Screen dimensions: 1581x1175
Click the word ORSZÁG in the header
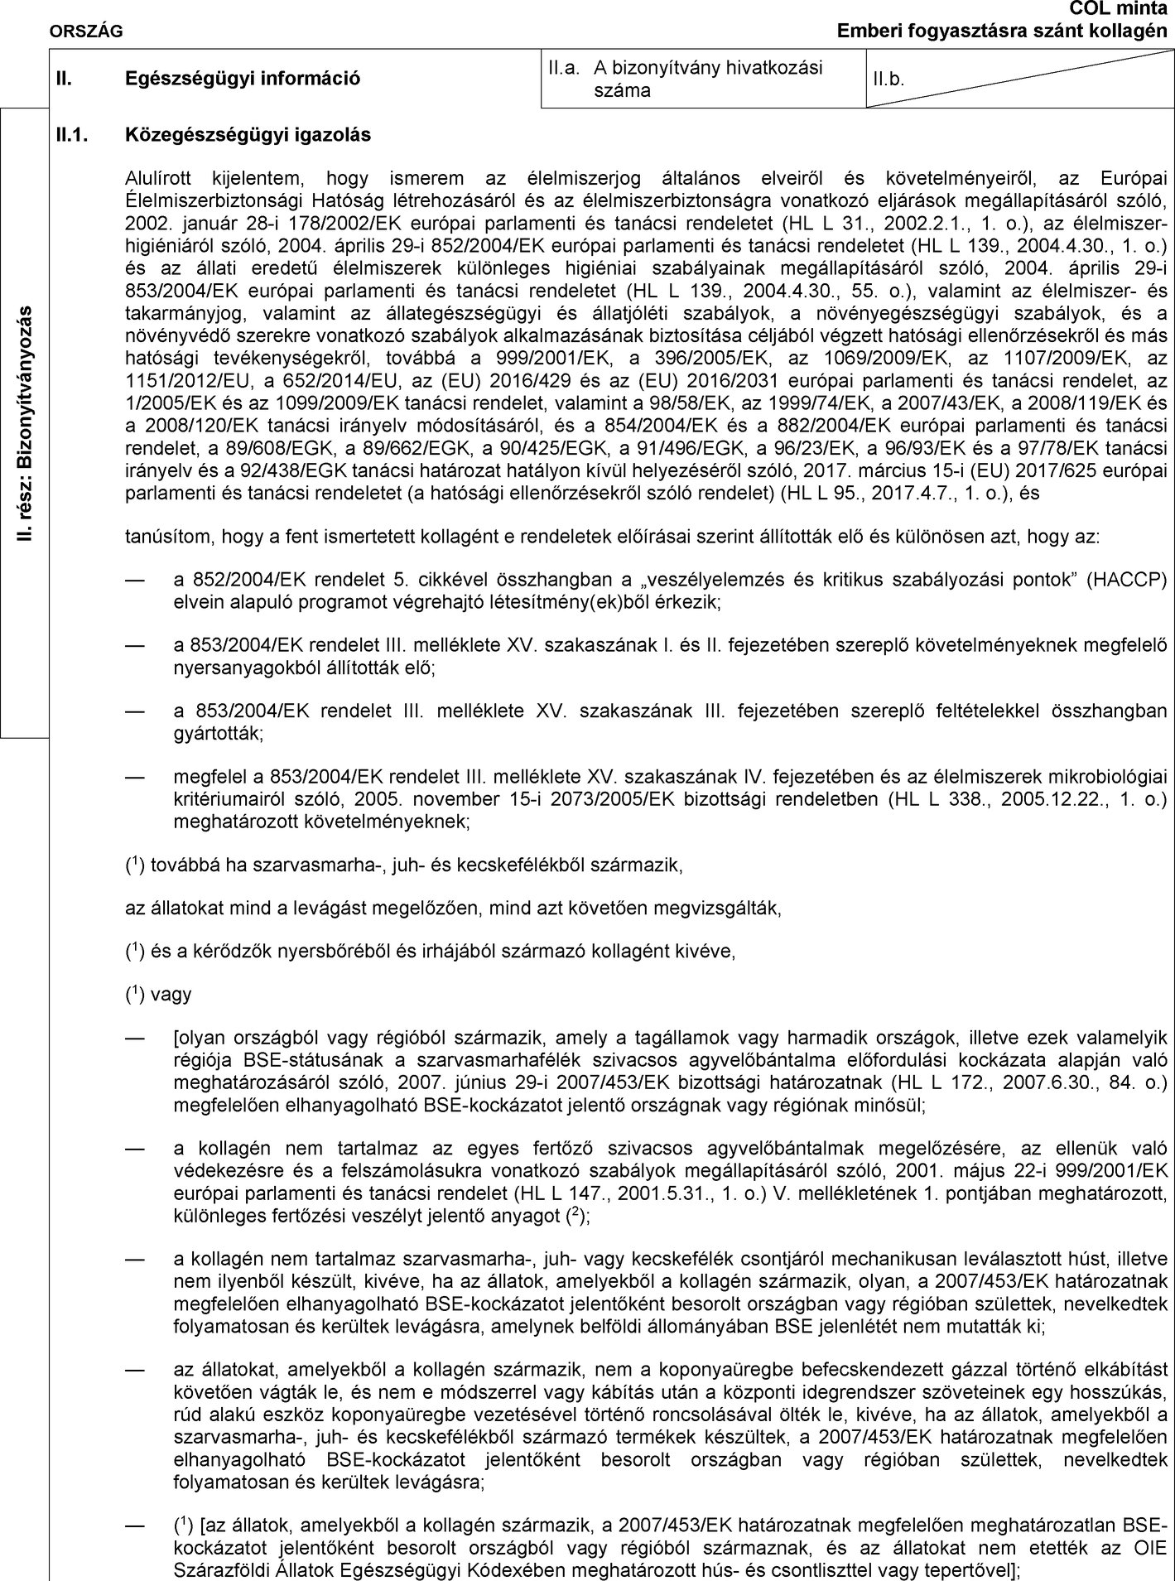pyautogui.click(x=86, y=31)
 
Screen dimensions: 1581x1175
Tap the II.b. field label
pyautogui.click(x=888, y=80)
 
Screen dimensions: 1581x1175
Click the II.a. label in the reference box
pyautogui.click(x=562, y=68)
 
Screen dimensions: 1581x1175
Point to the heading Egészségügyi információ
pyautogui.click(x=243, y=79)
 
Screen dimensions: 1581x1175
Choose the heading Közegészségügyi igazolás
pyautogui.click(x=248, y=133)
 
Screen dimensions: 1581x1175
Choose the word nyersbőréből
pyautogui.click(x=344, y=951)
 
